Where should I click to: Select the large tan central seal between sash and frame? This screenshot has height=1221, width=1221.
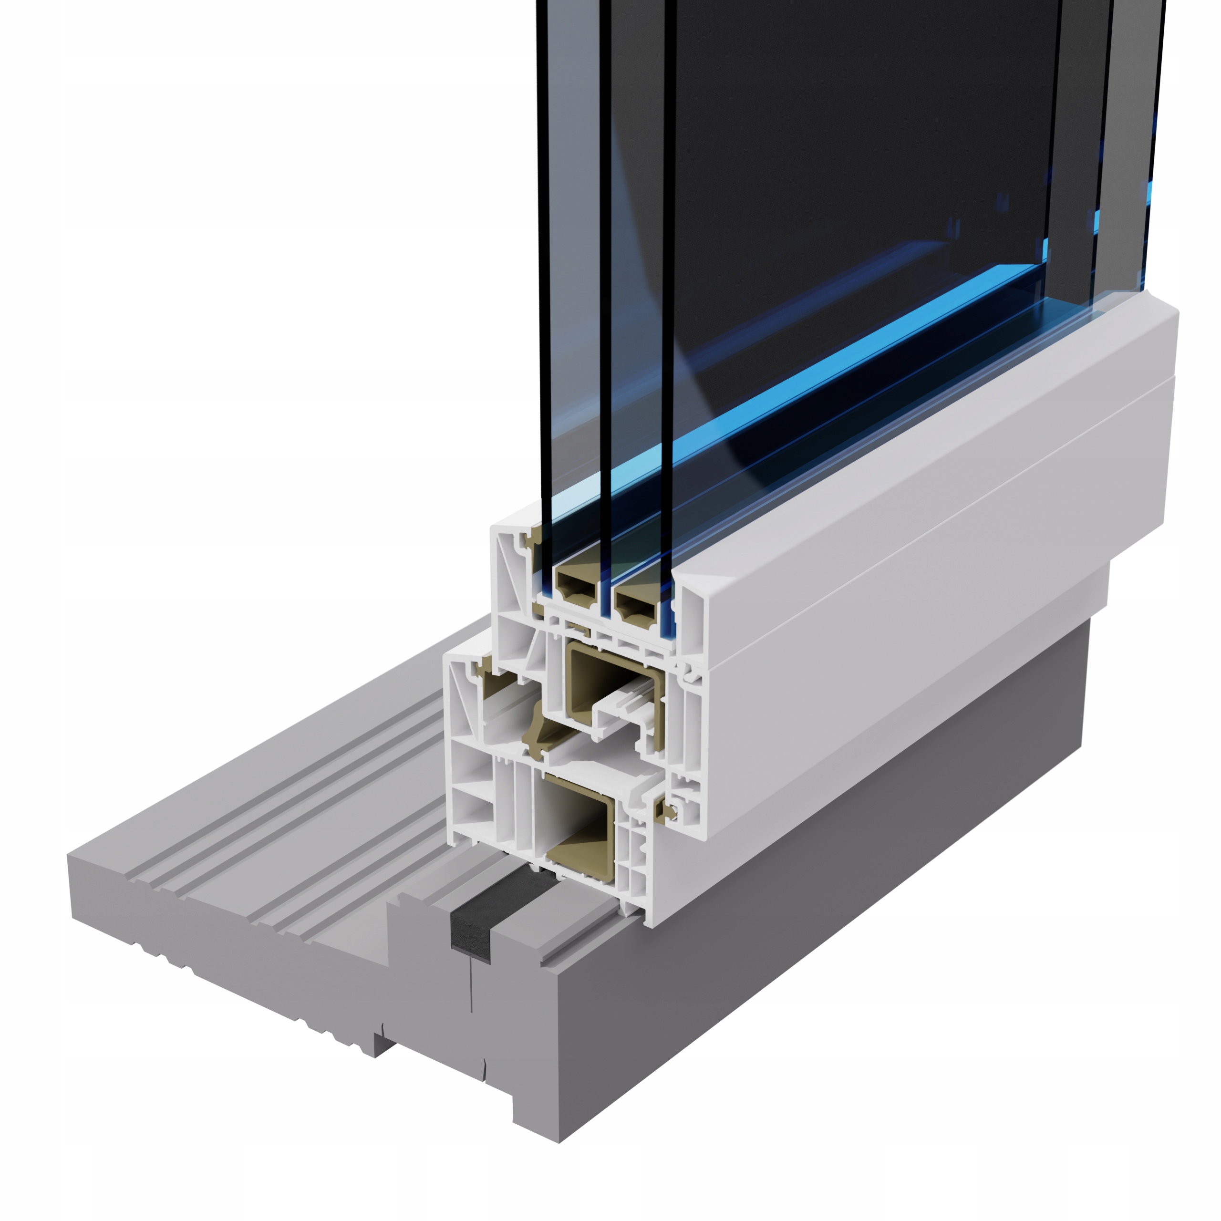click(x=537, y=727)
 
